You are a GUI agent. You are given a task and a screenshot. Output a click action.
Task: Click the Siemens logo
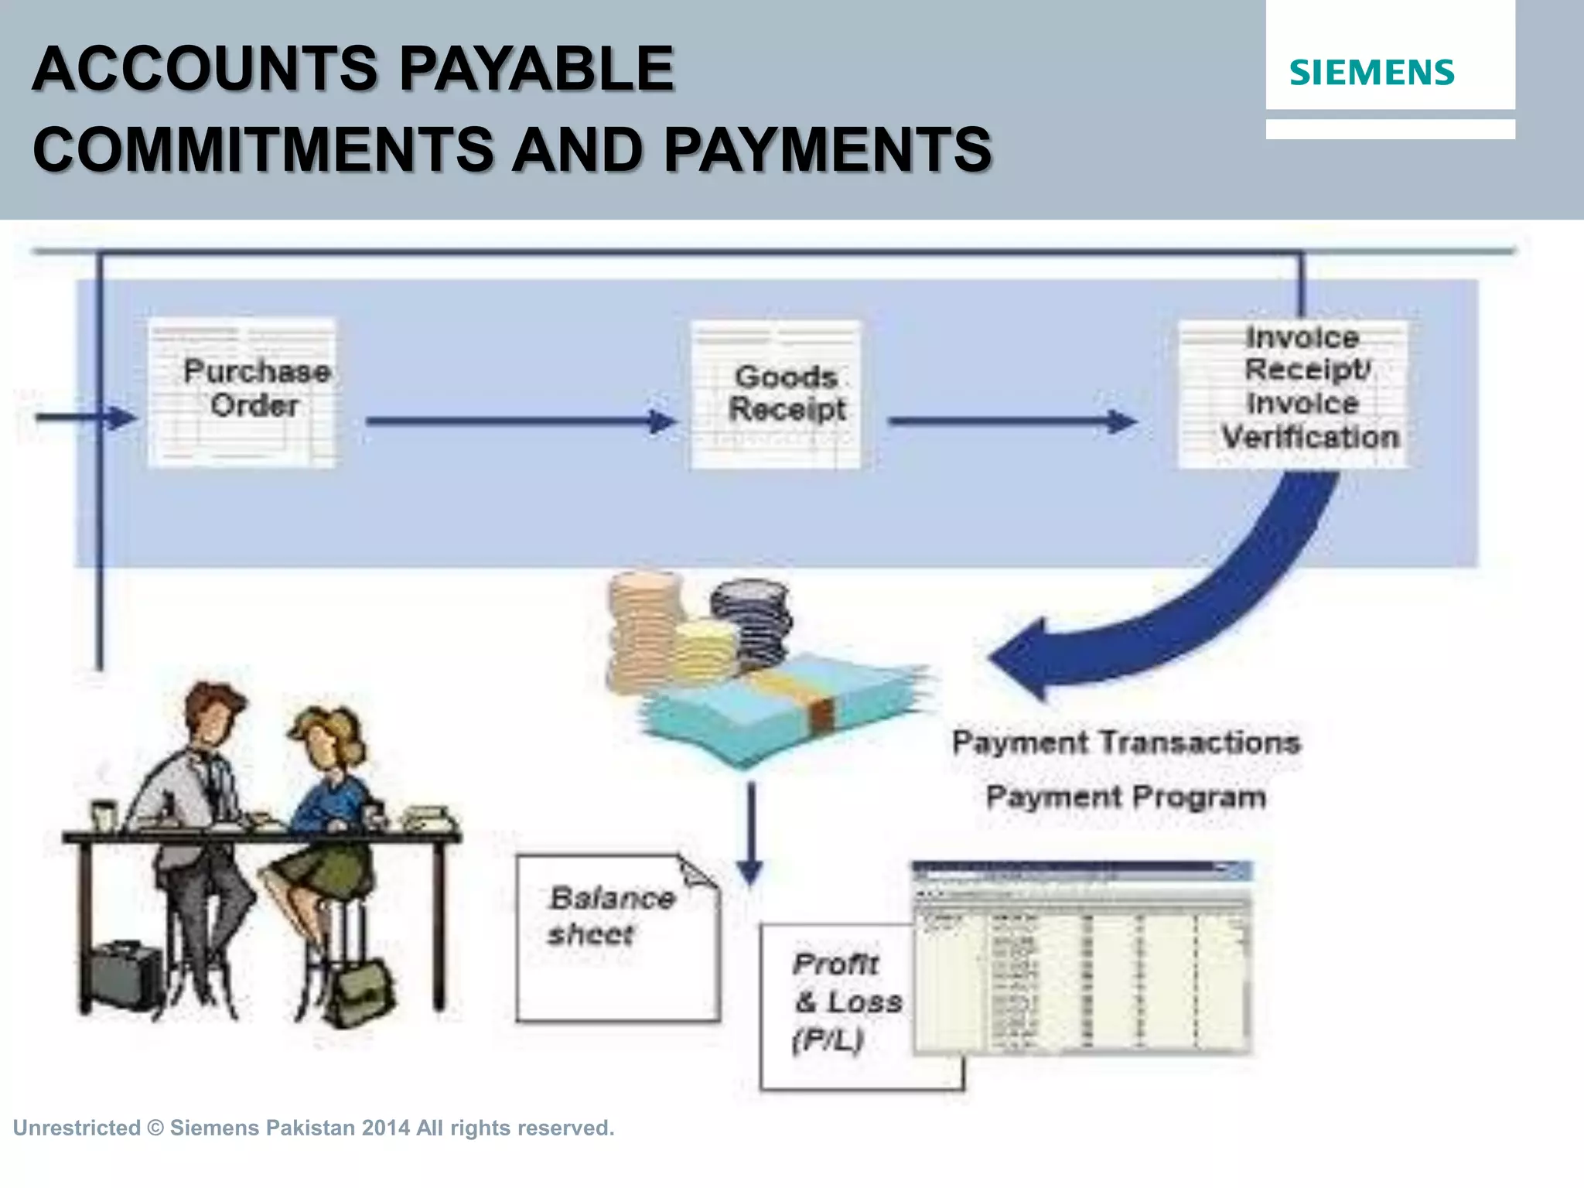click(x=1371, y=73)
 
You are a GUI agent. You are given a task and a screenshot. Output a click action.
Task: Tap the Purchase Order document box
click(x=242, y=393)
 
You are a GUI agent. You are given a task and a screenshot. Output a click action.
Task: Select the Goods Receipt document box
click(x=776, y=394)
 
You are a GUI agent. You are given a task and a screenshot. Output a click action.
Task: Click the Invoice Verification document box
click(x=1292, y=394)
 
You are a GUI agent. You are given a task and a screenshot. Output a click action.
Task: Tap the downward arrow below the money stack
click(x=749, y=835)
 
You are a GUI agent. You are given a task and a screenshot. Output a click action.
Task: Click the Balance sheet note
click(x=616, y=937)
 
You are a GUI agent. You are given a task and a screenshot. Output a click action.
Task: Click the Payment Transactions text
click(x=1125, y=742)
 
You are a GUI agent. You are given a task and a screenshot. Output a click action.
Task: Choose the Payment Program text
click(x=1125, y=797)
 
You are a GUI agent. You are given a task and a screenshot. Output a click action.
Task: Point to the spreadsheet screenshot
click(x=1083, y=959)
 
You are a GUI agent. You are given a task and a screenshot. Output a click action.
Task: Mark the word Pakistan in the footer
click(x=309, y=1128)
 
